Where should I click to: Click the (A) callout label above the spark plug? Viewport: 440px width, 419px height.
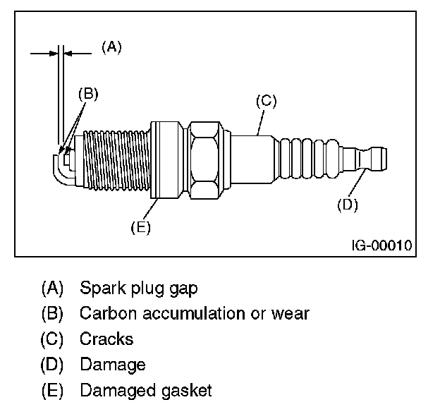pyautogui.click(x=111, y=47)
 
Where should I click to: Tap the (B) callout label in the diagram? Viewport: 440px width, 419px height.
pyautogui.click(x=87, y=92)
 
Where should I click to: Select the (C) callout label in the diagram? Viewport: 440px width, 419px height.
pyautogui.click(x=266, y=101)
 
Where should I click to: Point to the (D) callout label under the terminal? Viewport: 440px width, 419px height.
pyautogui.click(x=348, y=205)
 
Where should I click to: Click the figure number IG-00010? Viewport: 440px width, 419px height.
pyautogui.click(x=382, y=246)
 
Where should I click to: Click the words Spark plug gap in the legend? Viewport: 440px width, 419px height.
pyautogui.click(x=139, y=289)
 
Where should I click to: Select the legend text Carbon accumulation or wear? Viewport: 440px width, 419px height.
pyautogui.click(x=195, y=313)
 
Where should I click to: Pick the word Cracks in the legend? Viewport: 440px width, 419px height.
pyautogui.click(x=106, y=339)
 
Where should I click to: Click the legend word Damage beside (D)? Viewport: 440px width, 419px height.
pyautogui.click(x=113, y=365)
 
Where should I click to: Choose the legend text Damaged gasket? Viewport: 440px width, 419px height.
pyautogui.click(x=146, y=390)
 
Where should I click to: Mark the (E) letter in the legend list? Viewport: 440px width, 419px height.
pyautogui.click(x=52, y=390)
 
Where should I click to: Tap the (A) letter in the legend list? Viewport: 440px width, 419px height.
pyautogui.click(x=52, y=289)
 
